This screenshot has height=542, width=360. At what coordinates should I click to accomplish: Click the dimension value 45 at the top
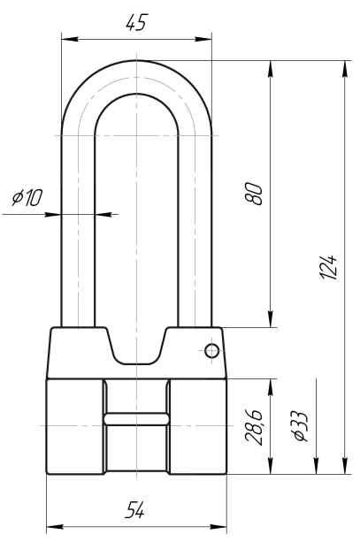[136, 23]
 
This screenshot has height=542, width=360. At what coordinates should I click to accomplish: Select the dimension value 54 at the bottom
[134, 510]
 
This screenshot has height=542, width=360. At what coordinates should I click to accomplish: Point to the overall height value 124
[328, 267]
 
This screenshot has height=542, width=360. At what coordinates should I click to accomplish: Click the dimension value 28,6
[254, 427]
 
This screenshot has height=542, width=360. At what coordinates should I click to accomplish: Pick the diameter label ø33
[300, 426]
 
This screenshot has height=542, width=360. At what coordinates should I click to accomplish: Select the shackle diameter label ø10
[27, 197]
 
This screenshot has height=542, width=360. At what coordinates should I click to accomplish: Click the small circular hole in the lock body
[211, 351]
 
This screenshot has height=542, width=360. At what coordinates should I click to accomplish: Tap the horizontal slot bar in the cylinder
[136, 418]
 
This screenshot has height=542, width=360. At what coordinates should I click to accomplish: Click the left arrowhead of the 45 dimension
[70, 39]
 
